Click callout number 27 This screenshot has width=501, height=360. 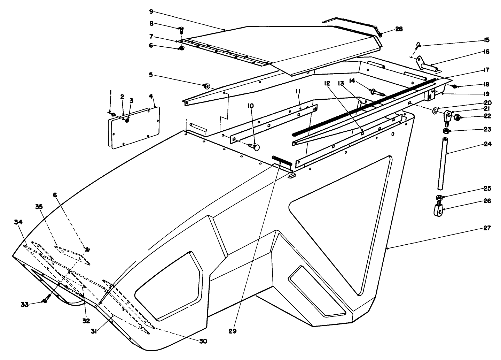tap(487, 228)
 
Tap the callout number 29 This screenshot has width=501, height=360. tap(233, 331)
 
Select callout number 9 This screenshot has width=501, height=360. tap(151, 11)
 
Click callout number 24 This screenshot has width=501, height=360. tap(487, 144)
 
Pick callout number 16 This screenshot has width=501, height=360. tap(486, 52)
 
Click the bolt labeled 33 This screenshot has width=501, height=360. tap(46, 300)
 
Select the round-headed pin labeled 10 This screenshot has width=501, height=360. tap(255, 147)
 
